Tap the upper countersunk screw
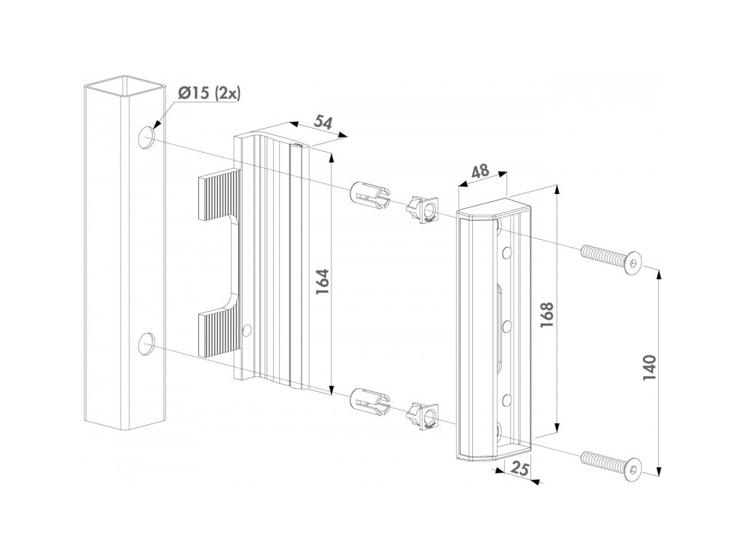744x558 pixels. [x=612, y=259]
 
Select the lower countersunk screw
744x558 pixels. [x=612, y=465]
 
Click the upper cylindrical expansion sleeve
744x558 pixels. [x=369, y=195]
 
